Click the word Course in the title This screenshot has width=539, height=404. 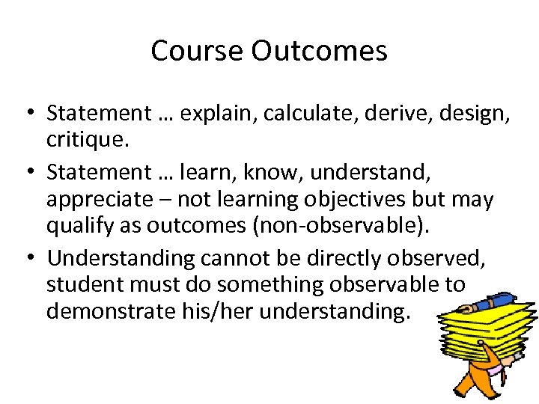point(198,51)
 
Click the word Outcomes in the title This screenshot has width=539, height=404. point(320,51)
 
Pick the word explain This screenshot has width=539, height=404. point(210,114)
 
